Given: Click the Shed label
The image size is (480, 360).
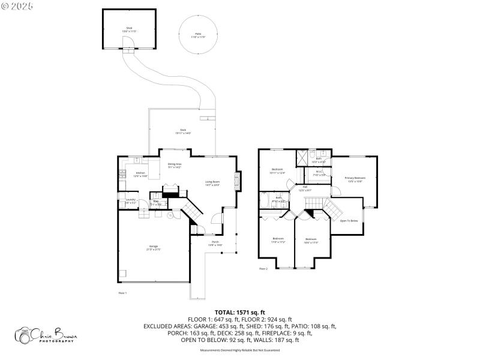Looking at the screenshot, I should pos(128,29).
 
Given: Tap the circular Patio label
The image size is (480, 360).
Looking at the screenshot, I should pos(198,35).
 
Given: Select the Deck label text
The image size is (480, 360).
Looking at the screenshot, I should pos(183,131).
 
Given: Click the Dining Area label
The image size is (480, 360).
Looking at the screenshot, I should pos(175,165).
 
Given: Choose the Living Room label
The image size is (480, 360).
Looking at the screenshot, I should pos(212,183).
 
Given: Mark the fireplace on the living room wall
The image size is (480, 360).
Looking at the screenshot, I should pos(238,182).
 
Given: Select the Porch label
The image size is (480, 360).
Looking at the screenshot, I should pos(215,243).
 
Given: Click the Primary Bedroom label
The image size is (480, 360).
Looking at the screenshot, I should pos(355,179).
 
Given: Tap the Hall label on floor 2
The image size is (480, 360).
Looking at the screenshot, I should pos(305,188).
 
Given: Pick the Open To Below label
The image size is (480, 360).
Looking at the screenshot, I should pos(349,221).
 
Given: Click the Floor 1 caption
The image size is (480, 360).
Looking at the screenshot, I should pos(123,292).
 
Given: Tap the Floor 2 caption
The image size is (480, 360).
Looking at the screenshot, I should pos(263,268).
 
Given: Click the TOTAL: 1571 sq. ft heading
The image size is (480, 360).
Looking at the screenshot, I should pos(240,313).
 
